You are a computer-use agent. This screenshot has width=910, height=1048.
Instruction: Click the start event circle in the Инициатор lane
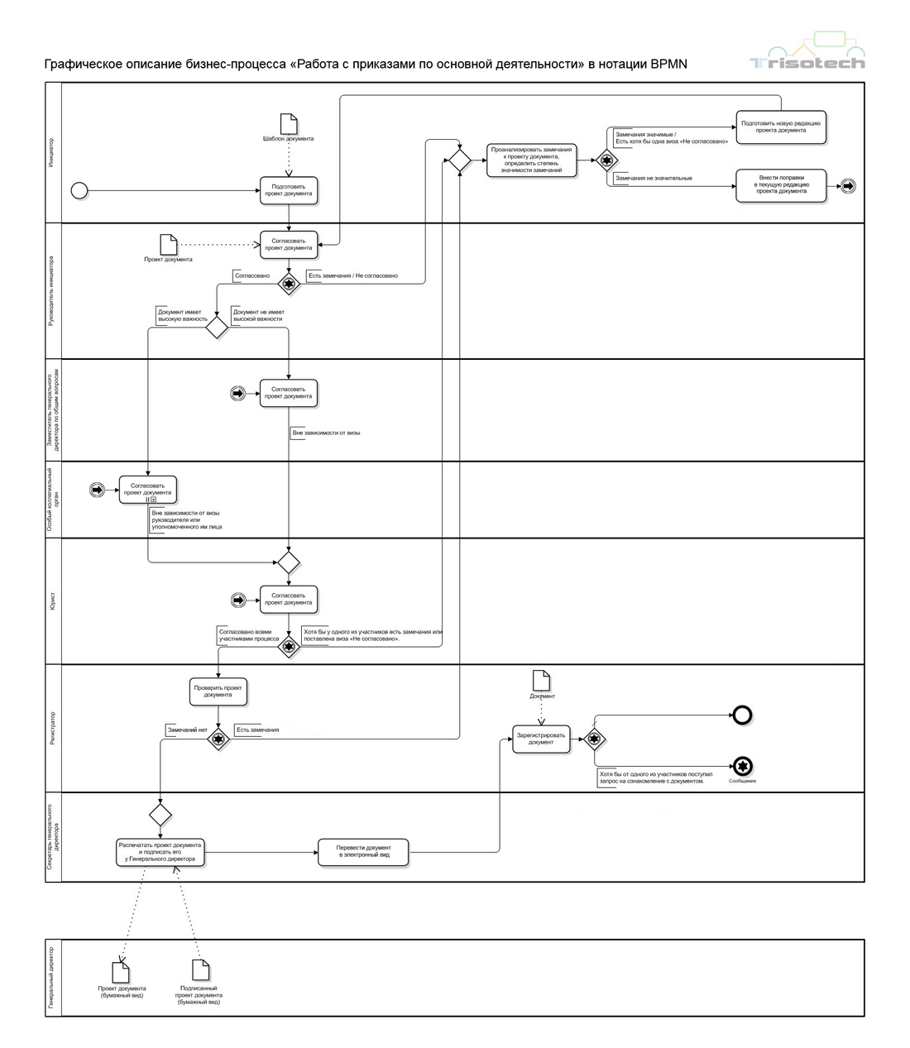(x=79, y=191)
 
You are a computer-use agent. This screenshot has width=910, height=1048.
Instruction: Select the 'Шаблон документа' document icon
(x=289, y=123)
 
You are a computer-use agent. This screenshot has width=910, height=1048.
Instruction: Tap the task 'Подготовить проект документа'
(x=289, y=190)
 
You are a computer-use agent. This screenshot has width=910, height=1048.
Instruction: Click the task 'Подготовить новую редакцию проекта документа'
(x=781, y=127)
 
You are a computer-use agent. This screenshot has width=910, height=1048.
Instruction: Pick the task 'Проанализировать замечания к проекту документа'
(x=531, y=160)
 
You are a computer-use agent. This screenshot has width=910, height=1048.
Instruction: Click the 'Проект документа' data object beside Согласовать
(x=168, y=244)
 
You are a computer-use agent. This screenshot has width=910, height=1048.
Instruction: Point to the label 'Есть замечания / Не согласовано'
(x=353, y=275)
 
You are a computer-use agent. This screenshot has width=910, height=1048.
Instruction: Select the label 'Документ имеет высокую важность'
(x=183, y=315)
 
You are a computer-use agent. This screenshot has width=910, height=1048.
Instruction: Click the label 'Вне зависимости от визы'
(x=326, y=433)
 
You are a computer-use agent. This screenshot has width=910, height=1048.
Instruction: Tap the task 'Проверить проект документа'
(x=218, y=691)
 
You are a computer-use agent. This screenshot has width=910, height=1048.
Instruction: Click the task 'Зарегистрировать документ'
(x=541, y=739)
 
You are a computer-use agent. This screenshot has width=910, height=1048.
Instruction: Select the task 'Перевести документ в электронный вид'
(x=363, y=851)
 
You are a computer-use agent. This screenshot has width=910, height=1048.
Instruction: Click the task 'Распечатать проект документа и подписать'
(x=160, y=852)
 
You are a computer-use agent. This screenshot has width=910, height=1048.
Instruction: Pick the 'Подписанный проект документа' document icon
(x=200, y=969)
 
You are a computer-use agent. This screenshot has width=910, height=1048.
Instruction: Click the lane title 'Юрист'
(x=53, y=601)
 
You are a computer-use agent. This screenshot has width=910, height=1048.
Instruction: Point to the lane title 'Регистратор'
(x=53, y=728)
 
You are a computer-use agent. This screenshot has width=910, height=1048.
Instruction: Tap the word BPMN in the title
(x=668, y=65)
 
